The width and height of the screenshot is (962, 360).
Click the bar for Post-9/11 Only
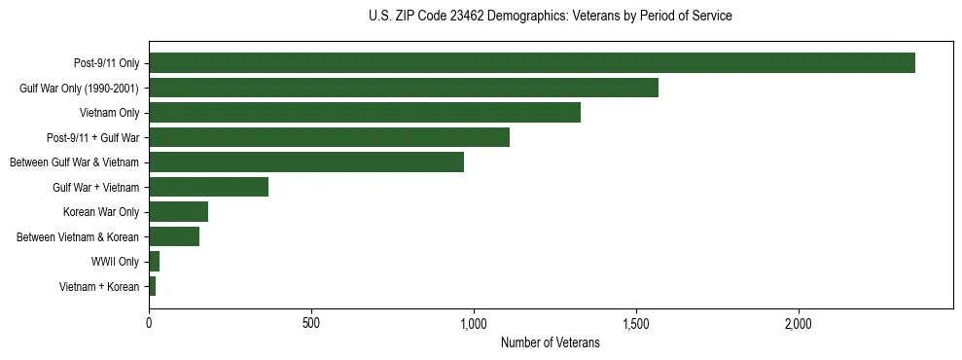click(531, 63)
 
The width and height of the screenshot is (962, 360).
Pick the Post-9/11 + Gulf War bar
click(329, 137)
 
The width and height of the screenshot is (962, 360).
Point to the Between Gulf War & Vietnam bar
click(305, 162)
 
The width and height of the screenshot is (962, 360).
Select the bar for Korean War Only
click(178, 212)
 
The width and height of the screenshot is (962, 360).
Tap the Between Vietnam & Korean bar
click(174, 236)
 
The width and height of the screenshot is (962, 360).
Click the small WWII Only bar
click(154, 262)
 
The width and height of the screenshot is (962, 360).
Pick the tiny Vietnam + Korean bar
click(152, 286)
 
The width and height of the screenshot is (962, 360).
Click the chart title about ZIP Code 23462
click(551, 17)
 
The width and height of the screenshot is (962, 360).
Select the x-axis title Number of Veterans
click(550, 343)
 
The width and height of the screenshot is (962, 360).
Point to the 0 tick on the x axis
click(149, 323)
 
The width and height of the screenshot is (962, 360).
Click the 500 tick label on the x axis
click(311, 323)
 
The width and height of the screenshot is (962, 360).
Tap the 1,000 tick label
click(474, 323)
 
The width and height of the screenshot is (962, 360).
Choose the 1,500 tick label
click(635, 323)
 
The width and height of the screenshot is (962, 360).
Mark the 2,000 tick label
click(798, 323)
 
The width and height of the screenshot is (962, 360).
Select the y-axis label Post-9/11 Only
click(106, 63)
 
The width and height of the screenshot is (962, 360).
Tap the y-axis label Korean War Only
click(101, 212)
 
